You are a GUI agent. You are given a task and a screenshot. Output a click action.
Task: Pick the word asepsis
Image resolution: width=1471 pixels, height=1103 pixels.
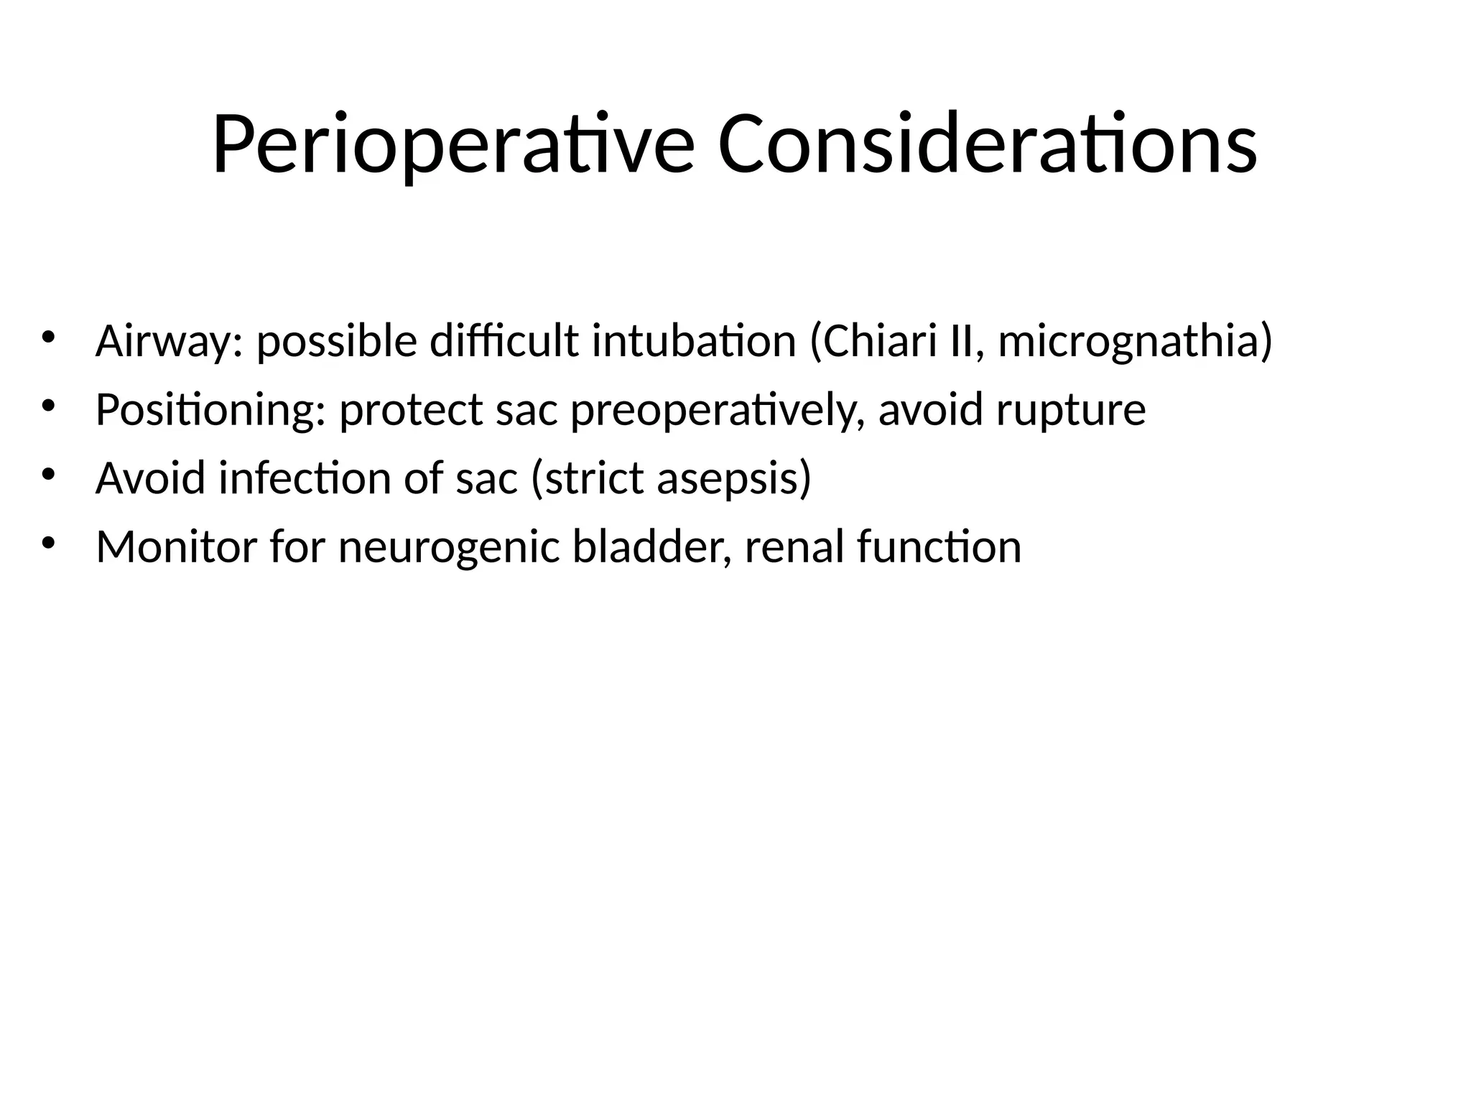[733, 478]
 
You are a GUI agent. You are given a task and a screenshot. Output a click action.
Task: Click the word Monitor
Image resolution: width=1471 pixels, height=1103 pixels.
[176, 546]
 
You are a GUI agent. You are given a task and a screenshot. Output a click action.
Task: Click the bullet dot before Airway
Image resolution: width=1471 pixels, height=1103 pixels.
[48, 337]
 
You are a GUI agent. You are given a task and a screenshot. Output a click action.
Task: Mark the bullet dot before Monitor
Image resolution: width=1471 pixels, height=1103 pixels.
[48, 543]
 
